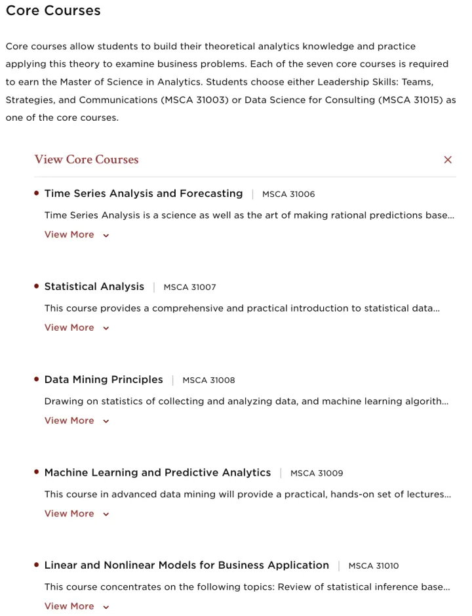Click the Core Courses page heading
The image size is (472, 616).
coord(53,11)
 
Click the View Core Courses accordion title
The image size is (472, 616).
coord(87,159)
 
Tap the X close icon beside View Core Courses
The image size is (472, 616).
coord(448,159)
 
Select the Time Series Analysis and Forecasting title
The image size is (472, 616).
coord(144,194)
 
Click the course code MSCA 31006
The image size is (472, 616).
coord(288,194)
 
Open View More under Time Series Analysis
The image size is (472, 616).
coord(69,235)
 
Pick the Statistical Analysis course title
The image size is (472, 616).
coord(94,287)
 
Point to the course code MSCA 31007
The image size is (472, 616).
coord(189,287)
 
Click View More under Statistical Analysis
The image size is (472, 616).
coord(69,328)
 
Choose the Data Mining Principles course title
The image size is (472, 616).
coord(104,380)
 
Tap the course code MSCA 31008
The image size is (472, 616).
coord(208,380)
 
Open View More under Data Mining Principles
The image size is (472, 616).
coord(69,421)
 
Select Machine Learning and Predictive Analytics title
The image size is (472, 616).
coord(157,473)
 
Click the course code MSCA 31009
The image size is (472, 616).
coord(317,474)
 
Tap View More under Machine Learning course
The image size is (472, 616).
coord(69,514)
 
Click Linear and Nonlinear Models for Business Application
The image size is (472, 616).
coord(187,565)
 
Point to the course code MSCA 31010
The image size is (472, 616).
coord(374,566)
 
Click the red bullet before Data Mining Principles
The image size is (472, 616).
coord(37,379)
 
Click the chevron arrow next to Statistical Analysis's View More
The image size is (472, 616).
coord(106,329)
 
